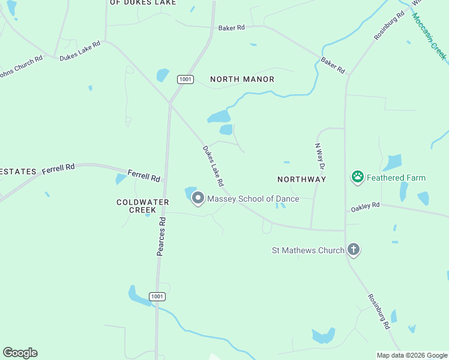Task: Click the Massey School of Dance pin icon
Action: point(197,199)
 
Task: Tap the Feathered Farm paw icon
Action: point(358,177)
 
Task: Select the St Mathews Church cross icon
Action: point(354,250)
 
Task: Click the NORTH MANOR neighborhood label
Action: point(242,79)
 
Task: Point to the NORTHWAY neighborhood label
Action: point(301,179)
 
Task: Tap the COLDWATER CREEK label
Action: point(136,206)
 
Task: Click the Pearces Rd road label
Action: point(161,236)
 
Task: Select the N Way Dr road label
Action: point(321,157)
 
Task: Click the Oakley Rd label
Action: point(366,206)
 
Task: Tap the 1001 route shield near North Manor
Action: point(185,79)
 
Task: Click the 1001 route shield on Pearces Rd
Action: point(157,296)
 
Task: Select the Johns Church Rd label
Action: point(20,67)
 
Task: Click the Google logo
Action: point(20,353)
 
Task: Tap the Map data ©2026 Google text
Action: point(411,355)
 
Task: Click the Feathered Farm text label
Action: point(396,178)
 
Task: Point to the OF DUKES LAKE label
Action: point(143,2)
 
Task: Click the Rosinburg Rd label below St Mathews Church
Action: point(378,312)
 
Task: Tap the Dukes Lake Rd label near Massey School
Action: point(213,166)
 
